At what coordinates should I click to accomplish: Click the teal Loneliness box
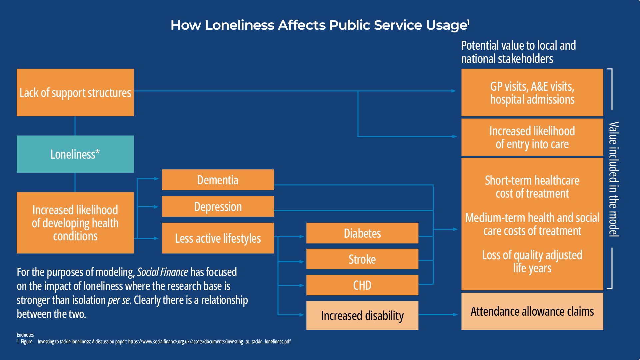75,154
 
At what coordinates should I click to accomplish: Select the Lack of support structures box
75,92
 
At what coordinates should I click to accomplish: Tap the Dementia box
218,180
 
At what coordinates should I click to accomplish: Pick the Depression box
218,206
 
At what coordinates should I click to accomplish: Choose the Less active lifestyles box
218,238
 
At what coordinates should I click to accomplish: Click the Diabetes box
362,233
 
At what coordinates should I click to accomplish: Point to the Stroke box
362,259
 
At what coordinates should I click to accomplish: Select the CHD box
362,285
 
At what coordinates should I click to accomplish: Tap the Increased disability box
362,315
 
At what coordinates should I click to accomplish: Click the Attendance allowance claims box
532,311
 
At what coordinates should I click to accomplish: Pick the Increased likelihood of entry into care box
532,137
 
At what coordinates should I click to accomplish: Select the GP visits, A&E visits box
532,92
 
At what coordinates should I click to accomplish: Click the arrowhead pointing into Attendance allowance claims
455,314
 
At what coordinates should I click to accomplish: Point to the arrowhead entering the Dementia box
156,179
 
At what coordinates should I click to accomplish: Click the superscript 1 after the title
468,22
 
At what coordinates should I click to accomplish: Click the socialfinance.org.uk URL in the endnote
209,341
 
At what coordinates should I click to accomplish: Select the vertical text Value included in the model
614,179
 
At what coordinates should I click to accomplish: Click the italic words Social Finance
163,272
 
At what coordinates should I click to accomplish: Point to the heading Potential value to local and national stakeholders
518,52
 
